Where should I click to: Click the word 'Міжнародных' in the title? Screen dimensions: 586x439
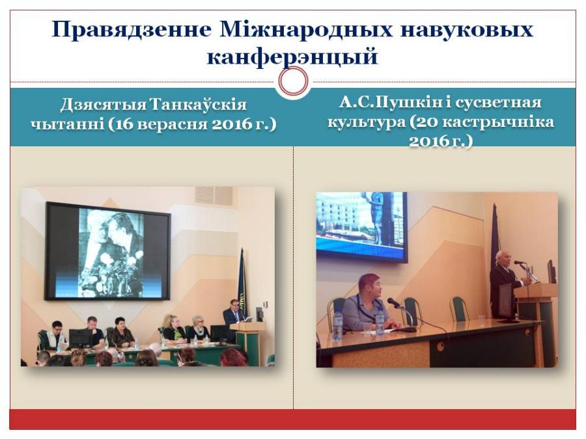point(307,29)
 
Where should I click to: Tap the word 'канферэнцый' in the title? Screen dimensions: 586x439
point(292,57)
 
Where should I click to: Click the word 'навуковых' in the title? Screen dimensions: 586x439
point(467,30)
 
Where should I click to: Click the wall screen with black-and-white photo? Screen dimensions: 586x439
point(108,252)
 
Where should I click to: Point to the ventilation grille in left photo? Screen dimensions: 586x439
point(214,195)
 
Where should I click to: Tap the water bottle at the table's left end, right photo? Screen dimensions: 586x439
point(337,325)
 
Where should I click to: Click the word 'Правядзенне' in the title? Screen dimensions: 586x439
point(132,30)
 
